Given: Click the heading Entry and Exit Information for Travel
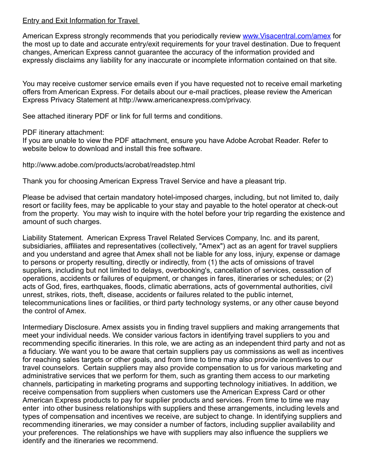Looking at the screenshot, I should click(x=81, y=21).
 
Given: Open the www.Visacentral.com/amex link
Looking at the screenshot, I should click(x=287, y=36).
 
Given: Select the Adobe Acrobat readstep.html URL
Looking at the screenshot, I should click(x=109, y=165).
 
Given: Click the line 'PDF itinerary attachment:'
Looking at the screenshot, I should click(x=64, y=133).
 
